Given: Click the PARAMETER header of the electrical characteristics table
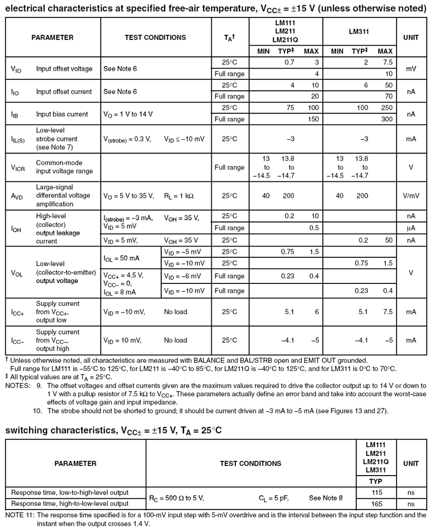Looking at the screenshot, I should click(52, 37).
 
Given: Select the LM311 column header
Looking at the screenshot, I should click(360, 32).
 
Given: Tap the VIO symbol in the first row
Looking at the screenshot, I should click(16, 69).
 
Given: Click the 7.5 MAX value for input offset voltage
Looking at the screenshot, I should click(387, 62).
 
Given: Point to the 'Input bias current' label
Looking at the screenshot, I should click(62, 114).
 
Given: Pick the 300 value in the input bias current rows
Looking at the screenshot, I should click(387, 119).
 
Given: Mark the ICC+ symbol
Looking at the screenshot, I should click(18, 312).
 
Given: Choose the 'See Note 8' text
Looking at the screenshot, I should click(326, 498).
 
